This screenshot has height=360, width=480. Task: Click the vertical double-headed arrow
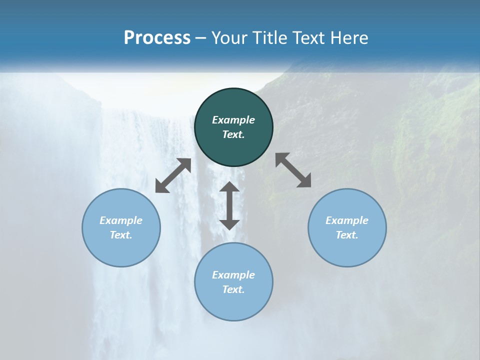[229, 205]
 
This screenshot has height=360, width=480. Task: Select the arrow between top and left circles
[173, 175]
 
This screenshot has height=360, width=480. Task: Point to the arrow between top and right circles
[293, 170]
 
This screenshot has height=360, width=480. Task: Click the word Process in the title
[157, 37]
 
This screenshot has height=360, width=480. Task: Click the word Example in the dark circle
[233, 120]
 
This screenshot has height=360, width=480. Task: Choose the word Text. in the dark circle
[233, 134]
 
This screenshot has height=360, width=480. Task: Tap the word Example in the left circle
[121, 220]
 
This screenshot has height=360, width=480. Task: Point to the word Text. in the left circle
[121, 235]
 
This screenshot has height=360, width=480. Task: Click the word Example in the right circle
[347, 220]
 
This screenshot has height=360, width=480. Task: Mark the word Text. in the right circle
[347, 235]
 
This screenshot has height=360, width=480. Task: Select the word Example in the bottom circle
[233, 275]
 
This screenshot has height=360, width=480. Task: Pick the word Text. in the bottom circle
[233, 289]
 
